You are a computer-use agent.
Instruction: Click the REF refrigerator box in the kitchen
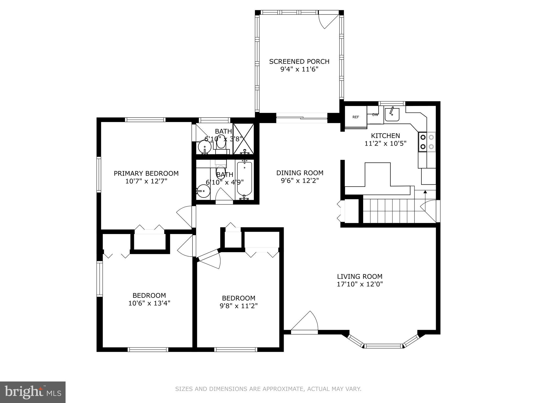click(356, 117)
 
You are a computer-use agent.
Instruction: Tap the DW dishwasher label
click(375, 115)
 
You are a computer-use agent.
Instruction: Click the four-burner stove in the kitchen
click(427, 142)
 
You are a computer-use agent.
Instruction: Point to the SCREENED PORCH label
click(299, 62)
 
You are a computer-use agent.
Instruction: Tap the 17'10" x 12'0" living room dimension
click(360, 284)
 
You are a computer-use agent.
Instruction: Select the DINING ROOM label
click(300, 173)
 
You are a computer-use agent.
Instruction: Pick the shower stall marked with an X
click(244, 139)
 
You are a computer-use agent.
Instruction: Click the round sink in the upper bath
click(204, 147)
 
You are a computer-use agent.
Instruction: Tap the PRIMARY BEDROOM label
click(146, 173)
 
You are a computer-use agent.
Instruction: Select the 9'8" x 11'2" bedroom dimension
click(239, 306)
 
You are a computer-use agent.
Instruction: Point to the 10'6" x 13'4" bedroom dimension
click(149, 303)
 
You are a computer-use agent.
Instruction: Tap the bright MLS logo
click(33, 392)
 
